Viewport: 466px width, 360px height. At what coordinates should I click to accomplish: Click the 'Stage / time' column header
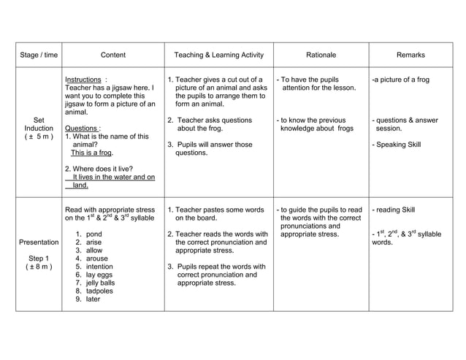(38, 55)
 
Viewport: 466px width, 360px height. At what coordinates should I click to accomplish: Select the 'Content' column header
(112, 55)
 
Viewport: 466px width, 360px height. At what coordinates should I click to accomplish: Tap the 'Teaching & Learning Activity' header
(218, 55)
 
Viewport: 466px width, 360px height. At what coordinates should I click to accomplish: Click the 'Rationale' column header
(321, 55)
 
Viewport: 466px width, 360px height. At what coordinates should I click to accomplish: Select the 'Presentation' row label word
(38, 242)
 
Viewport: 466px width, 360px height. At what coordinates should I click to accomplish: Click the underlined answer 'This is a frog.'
(91, 153)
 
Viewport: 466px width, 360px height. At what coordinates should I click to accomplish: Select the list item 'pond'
(93, 234)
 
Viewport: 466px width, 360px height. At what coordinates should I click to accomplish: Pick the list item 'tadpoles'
(99, 291)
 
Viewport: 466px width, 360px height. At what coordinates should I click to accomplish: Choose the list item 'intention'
(99, 267)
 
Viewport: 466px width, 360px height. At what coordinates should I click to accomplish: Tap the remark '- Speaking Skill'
(397, 145)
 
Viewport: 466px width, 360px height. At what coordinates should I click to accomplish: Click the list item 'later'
(93, 299)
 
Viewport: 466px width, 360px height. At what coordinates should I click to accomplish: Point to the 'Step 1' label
(38, 258)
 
